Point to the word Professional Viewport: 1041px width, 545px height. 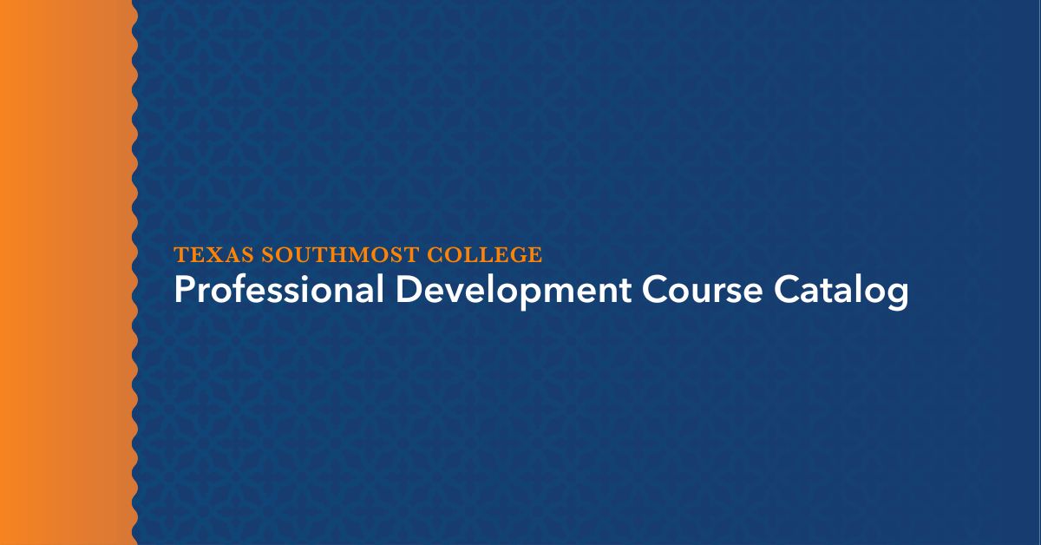click(278, 291)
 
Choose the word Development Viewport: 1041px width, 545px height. click(514, 291)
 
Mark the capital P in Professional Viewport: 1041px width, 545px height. click(183, 291)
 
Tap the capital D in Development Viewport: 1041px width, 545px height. click(409, 291)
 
